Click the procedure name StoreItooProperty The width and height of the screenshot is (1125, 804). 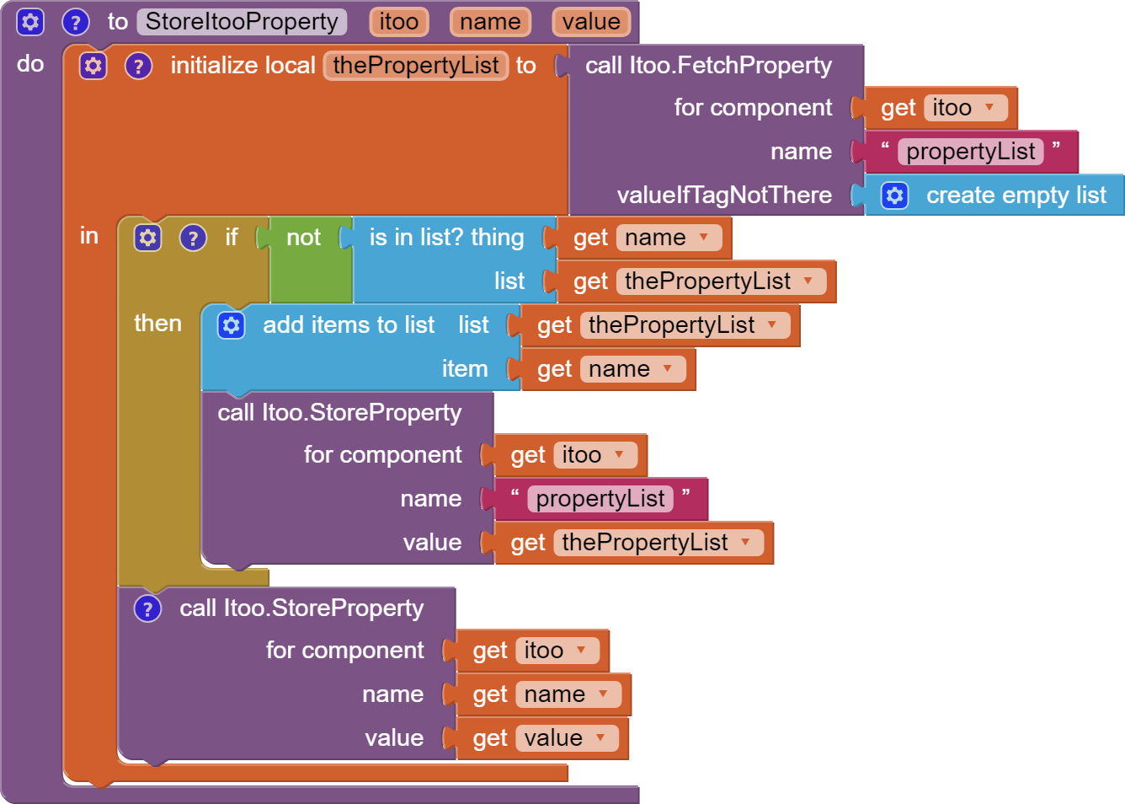[242, 22]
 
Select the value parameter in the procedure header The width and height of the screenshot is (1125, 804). [591, 22]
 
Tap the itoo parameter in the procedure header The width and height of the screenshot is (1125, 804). [398, 22]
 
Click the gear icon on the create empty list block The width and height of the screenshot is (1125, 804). [894, 196]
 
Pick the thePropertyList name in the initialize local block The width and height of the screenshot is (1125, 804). [416, 66]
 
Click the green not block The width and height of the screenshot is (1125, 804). [303, 239]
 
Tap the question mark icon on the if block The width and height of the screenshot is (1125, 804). [193, 239]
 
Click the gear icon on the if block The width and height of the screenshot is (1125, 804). [147, 239]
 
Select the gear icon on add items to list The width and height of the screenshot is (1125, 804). [231, 325]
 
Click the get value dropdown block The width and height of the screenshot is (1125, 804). [539, 738]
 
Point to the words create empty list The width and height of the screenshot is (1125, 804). [1016, 196]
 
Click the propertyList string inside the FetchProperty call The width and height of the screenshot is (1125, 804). [970, 152]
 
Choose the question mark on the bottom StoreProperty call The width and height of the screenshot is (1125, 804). [147, 608]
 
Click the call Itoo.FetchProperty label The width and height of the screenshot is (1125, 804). [708, 66]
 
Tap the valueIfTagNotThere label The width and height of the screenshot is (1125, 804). [724, 196]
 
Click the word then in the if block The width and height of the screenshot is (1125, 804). [157, 324]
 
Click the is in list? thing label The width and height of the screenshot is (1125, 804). [446, 239]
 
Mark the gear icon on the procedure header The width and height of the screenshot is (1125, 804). [30, 22]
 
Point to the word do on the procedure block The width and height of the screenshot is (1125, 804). [30, 64]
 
